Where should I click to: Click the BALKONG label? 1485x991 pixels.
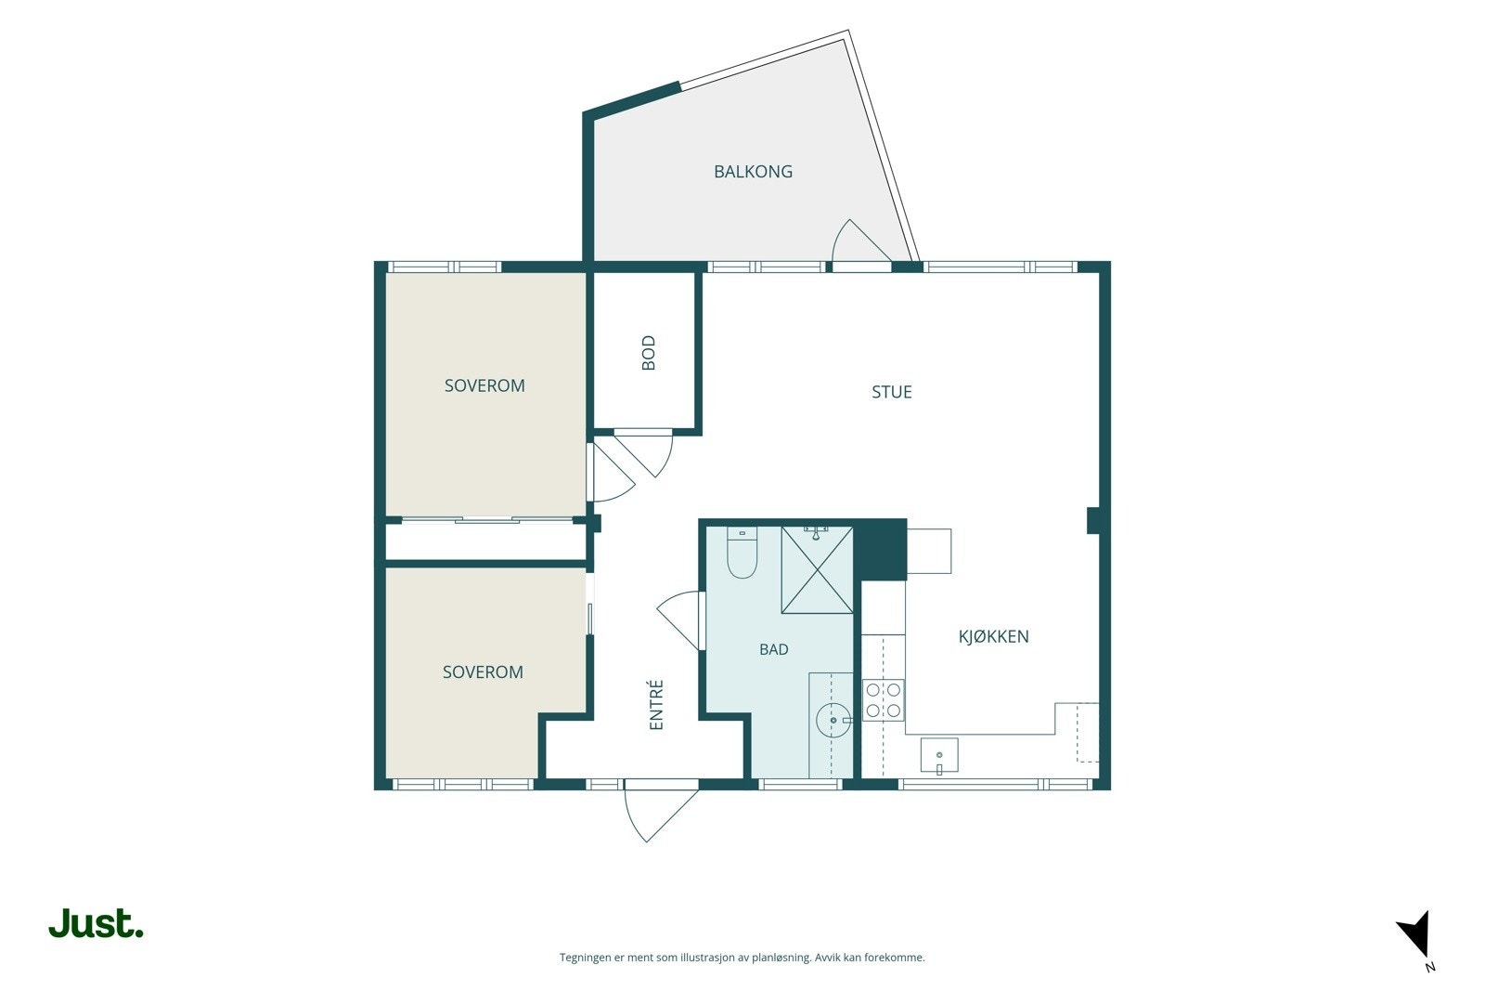753,172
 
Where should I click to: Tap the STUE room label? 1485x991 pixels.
892,392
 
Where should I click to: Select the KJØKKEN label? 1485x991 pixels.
994,637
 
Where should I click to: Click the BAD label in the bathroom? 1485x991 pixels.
774,649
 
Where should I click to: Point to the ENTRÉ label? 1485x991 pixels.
655,705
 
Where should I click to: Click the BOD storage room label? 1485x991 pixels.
649,353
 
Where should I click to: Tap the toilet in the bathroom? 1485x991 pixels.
742,553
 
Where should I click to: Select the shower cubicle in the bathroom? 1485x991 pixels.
817,569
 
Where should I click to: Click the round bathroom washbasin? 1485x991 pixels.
833,721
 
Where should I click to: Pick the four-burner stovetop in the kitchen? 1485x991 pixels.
883,699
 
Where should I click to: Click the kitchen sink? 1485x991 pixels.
939,755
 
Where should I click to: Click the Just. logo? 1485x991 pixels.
97,923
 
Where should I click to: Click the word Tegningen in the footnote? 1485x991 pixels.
587,958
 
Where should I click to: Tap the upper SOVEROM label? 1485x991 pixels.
484,386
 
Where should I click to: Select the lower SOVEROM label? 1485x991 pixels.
483,672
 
